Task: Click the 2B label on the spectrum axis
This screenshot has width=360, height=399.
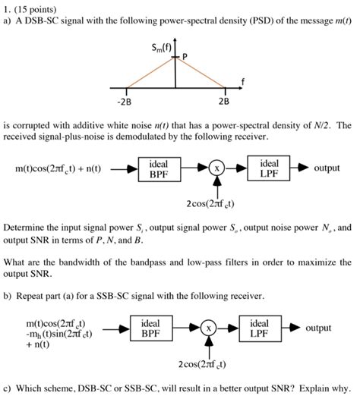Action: pos(224,99)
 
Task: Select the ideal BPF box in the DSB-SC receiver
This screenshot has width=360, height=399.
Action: pos(159,168)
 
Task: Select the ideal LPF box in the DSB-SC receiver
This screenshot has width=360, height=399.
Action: pos(269,168)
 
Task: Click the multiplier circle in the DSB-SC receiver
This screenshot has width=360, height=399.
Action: pos(217,169)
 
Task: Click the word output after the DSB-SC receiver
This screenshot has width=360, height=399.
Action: pos(326,168)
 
